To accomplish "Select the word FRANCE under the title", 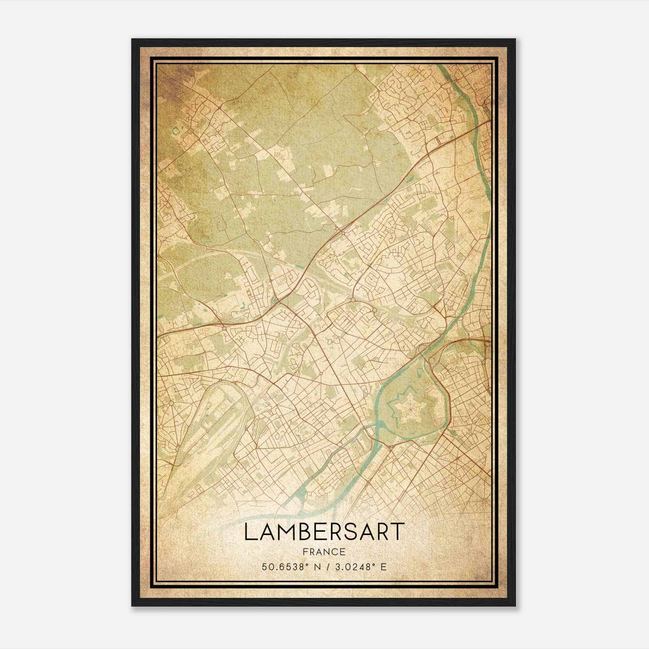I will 324,552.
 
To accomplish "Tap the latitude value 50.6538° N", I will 290,566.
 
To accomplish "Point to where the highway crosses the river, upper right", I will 481,126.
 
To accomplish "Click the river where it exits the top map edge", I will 443,67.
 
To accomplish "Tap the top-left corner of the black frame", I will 132,39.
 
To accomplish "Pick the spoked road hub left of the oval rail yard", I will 171,403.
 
